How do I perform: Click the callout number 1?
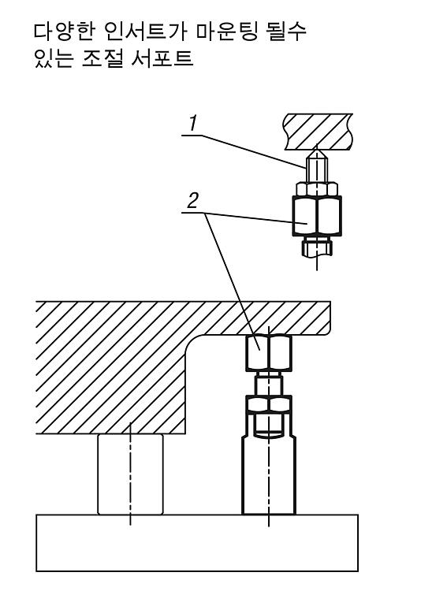193,124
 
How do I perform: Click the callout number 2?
192,201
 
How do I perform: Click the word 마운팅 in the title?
228,32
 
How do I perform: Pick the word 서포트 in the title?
162,59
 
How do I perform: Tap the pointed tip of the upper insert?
317,150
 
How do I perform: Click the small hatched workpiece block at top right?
319,131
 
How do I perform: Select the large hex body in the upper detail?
317,216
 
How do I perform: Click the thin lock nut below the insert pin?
317,189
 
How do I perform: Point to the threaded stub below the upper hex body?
317,247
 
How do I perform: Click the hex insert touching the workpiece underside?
269,353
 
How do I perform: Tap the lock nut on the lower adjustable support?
269,404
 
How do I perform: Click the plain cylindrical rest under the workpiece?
131,474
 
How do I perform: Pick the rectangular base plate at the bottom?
197,543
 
